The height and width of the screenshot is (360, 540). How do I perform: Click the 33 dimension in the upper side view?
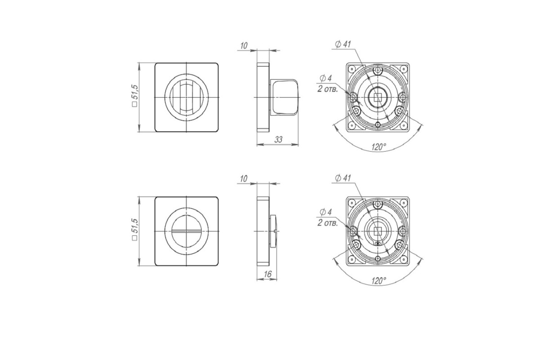(x=278, y=139)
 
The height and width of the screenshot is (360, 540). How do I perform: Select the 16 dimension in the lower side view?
(x=268, y=274)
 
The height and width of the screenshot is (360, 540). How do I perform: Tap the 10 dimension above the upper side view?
(x=244, y=46)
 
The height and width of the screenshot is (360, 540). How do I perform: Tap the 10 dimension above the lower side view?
(x=244, y=179)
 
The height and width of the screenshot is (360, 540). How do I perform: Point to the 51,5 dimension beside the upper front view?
(x=135, y=95)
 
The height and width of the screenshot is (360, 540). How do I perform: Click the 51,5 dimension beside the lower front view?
(x=135, y=229)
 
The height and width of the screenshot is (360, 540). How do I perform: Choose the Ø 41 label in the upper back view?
(x=343, y=45)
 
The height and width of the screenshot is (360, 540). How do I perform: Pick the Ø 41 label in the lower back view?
(x=343, y=178)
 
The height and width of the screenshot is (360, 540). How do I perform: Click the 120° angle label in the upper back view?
(x=379, y=147)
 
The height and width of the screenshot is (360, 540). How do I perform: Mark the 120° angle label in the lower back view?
(x=379, y=281)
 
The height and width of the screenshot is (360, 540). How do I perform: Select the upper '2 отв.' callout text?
(x=328, y=89)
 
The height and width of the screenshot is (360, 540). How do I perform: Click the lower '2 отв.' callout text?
(x=328, y=223)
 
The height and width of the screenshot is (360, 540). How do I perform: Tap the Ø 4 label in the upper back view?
(x=326, y=78)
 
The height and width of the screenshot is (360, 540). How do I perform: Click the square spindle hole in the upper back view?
(x=378, y=97)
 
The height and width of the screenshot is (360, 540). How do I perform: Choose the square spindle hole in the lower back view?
(x=378, y=231)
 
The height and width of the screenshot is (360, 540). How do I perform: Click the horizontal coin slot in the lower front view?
(x=186, y=231)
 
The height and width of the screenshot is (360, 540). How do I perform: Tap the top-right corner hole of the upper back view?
(x=403, y=68)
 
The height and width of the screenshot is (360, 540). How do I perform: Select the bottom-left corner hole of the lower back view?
(x=352, y=259)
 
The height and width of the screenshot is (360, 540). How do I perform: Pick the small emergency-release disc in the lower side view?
(x=274, y=231)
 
